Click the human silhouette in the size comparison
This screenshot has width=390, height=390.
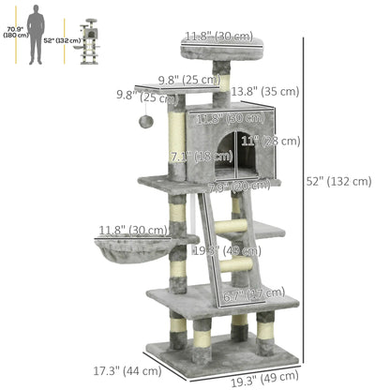[x=34, y=34]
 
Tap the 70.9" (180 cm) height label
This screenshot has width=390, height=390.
[x=11, y=34]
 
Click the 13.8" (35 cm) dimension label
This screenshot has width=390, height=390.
[x=265, y=91]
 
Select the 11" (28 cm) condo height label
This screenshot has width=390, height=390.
[x=270, y=141]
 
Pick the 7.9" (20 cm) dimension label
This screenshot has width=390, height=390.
[x=227, y=186]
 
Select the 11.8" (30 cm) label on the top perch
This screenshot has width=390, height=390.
[x=218, y=36]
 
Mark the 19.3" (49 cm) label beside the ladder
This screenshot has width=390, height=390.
[x=214, y=250]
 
